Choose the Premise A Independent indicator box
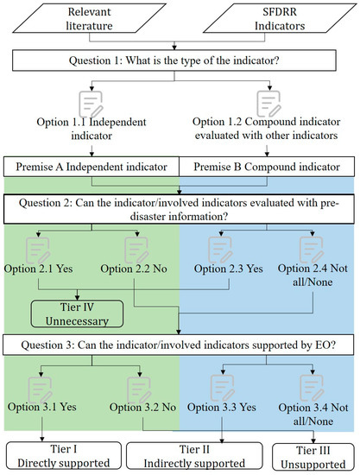(x=92, y=164)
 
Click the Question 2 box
(x=180, y=206)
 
